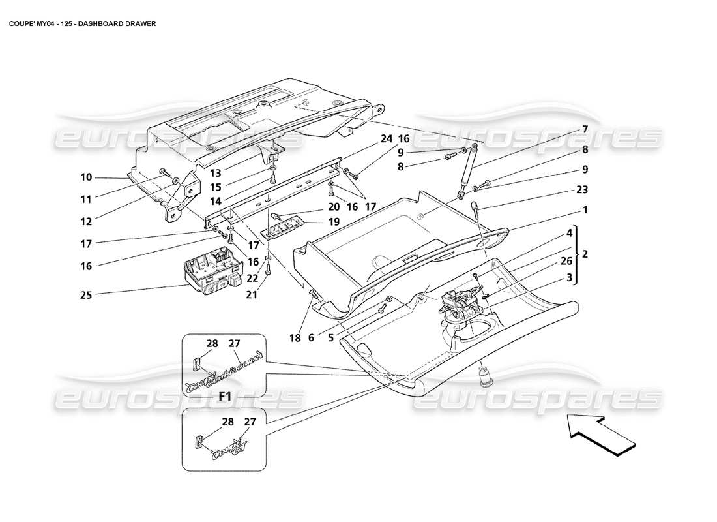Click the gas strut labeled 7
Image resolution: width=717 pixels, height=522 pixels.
pyautogui.click(x=468, y=169)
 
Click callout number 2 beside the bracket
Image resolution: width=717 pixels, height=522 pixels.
pyautogui.click(x=585, y=253)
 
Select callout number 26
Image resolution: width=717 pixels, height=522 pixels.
pyautogui.click(x=566, y=262)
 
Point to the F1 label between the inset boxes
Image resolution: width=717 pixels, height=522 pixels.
pyautogui.click(x=225, y=396)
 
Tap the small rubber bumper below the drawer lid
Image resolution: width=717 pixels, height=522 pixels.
pyautogui.click(x=485, y=376)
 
